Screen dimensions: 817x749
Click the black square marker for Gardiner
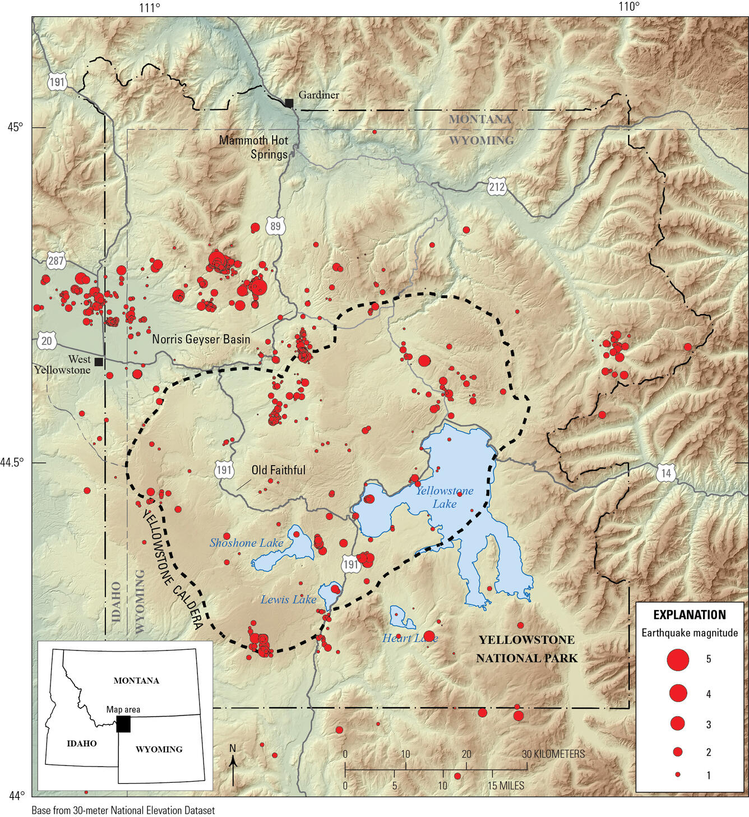pyautogui.click(x=289, y=103)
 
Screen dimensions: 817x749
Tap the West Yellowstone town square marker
pyautogui.click(x=99, y=362)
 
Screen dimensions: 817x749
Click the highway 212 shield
pyautogui.click(x=497, y=187)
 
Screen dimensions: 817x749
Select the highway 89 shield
pyautogui.click(x=275, y=227)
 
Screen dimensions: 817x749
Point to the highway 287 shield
pyautogui.click(x=56, y=261)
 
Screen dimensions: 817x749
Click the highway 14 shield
pyautogui.click(x=665, y=473)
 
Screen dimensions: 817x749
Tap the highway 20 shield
pyautogui.click(x=47, y=340)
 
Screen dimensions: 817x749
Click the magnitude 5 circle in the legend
pyautogui.click(x=678, y=659)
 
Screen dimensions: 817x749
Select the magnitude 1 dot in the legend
pyautogui.click(x=678, y=774)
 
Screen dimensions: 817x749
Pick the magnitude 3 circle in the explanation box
pyautogui.click(x=678, y=723)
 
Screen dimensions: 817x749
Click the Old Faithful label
pyautogui.click(x=278, y=470)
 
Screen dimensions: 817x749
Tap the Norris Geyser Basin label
pyautogui.click(x=201, y=339)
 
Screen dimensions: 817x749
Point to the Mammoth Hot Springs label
pyautogui.click(x=254, y=147)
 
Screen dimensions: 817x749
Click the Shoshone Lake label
pyautogui.click(x=246, y=543)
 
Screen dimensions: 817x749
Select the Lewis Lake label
pyautogui.click(x=288, y=600)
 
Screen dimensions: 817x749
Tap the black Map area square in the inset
pyautogui.click(x=123, y=724)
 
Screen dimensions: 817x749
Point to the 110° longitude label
pyautogui.click(x=628, y=7)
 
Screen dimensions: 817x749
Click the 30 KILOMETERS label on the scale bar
pyautogui.click(x=553, y=754)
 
